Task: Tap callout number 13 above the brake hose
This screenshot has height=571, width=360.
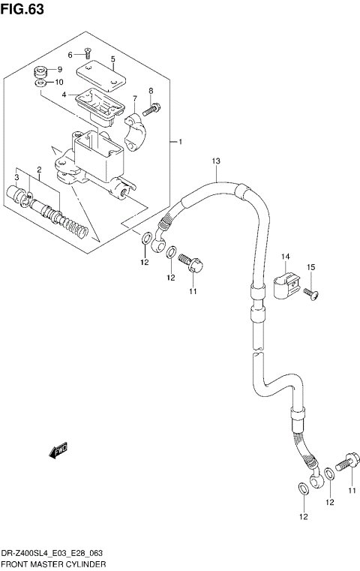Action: pos(215,161)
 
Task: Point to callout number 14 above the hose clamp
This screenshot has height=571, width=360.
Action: pos(286,257)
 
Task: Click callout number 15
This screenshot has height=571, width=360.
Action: pos(310,267)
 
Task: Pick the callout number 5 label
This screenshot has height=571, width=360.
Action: pos(112,59)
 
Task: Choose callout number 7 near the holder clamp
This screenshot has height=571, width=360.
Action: pos(134,98)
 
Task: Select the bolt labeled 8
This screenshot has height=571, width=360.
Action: pos(148,110)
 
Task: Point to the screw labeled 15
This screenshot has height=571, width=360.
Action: pos(311,293)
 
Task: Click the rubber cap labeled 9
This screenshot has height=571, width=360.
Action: pos(40,71)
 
